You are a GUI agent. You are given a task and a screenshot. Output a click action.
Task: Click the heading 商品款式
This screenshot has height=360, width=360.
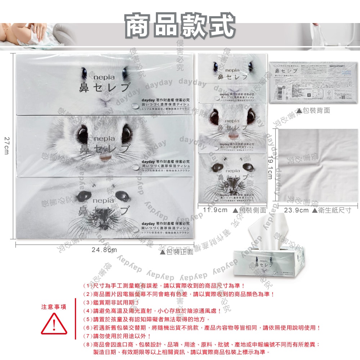[x=180, y=26]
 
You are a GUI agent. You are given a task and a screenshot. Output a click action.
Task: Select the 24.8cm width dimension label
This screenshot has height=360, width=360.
[x=104, y=250]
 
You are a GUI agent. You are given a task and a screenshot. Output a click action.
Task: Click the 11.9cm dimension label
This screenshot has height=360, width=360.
[x=215, y=210]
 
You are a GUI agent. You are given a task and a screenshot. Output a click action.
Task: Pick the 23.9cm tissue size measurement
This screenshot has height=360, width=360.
[x=296, y=210]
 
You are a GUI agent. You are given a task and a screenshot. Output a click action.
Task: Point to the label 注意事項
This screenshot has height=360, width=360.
[x=54, y=307]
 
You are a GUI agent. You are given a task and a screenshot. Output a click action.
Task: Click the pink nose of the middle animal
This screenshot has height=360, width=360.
[x=105, y=158]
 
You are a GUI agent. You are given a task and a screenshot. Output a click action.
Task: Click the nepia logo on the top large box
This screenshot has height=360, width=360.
[x=104, y=78]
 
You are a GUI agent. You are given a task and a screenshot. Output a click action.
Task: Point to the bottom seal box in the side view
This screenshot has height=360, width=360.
[x=232, y=179]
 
